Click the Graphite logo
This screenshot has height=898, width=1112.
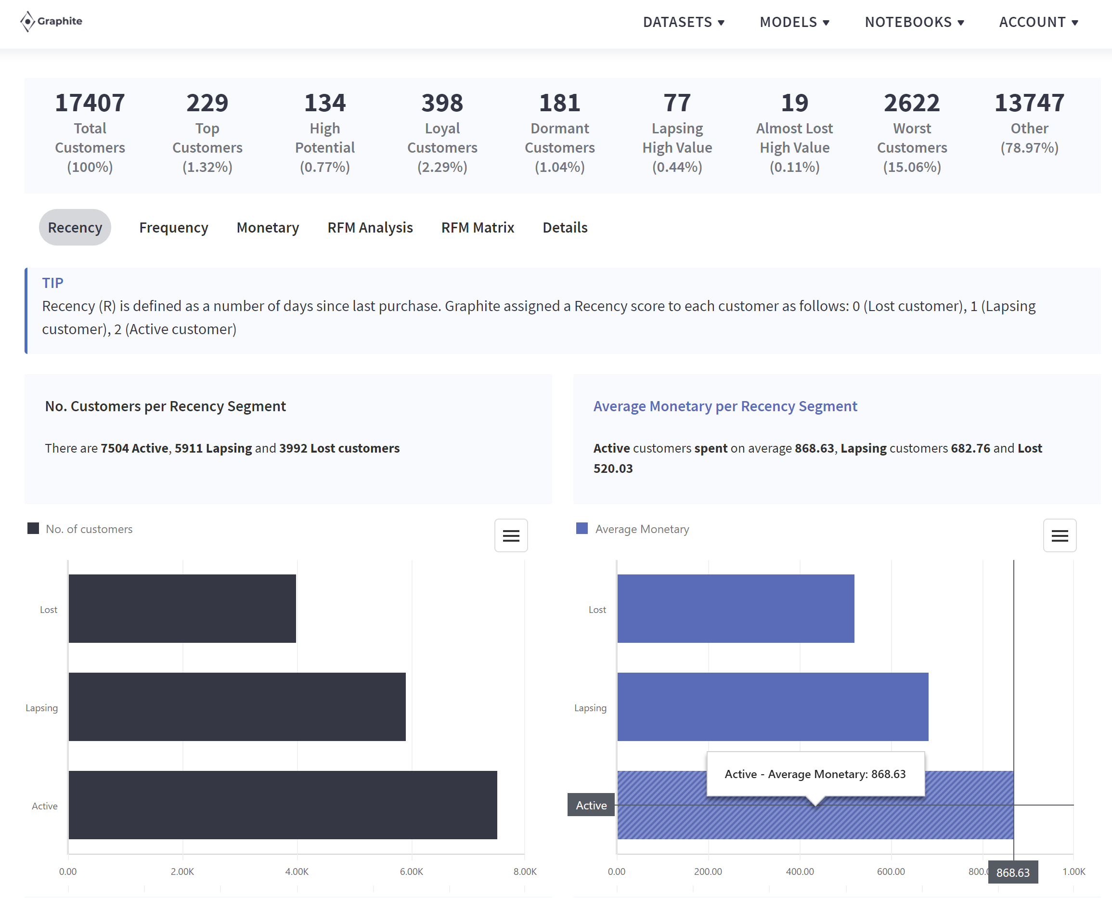pyautogui.click(x=51, y=21)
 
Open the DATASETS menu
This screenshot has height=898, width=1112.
pyautogui.click(x=683, y=22)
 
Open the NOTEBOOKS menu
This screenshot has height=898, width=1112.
pyautogui.click(x=914, y=22)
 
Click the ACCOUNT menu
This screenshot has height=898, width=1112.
pyautogui.click(x=1038, y=22)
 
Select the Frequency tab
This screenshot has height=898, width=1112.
pyautogui.click(x=173, y=228)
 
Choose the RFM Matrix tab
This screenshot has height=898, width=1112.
pyautogui.click(x=478, y=228)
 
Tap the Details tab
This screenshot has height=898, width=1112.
pyautogui.click(x=565, y=228)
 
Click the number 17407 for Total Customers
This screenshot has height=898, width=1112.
pyautogui.click(x=90, y=103)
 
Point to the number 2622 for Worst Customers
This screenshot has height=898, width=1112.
pyautogui.click(x=911, y=103)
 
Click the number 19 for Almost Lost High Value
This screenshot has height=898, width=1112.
pyautogui.click(x=794, y=103)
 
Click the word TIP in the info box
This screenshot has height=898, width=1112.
pyautogui.click(x=53, y=283)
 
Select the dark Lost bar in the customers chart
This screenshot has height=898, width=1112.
pyautogui.click(x=182, y=609)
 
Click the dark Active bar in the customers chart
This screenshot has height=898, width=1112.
pyautogui.click(x=283, y=805)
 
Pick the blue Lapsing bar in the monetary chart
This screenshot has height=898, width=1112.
pyautogui.click(x=772, y=707)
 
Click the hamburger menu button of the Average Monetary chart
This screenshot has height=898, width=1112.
pyautogui.click(x=1059, y=535)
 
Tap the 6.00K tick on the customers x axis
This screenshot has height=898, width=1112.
pyautogui.click(x=411, y=872)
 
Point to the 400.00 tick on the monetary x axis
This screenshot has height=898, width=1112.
pyautogui.click(x=800, y=872)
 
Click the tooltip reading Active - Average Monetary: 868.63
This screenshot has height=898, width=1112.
pyautogui.click(x=815, y=774)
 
